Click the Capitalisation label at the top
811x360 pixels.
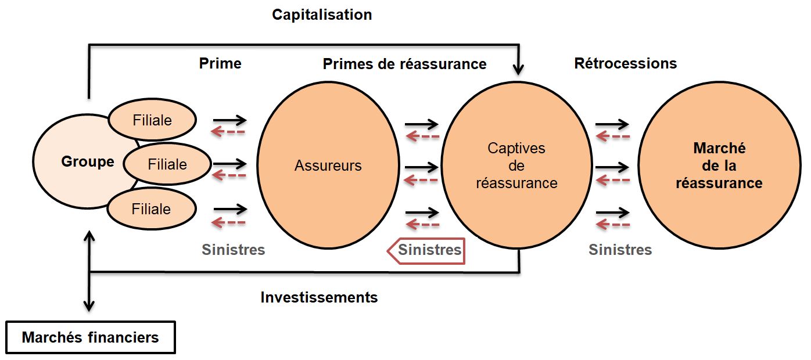322,15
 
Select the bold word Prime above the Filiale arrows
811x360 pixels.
220,63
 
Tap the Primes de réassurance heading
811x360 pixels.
404,64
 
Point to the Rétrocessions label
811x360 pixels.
625,63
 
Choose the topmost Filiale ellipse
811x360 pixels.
152,120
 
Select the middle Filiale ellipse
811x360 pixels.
167,164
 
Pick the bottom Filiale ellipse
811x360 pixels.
151,208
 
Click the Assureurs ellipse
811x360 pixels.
328,166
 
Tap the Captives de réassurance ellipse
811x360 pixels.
516,166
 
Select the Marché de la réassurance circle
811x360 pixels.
719,166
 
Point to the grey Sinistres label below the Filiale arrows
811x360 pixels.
233,250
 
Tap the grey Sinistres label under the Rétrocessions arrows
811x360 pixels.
620,250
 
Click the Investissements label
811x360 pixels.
319,297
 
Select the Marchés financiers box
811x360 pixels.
90,337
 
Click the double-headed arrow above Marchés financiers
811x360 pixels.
89,270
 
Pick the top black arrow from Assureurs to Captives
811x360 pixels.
421,124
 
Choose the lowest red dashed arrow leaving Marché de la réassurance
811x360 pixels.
613,224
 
